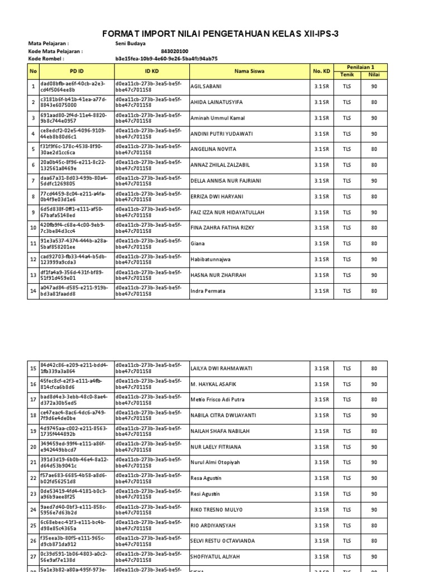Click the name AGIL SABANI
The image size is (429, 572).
pos(206,87)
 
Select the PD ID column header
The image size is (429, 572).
pos(77,71)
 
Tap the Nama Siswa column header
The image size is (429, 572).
pos(250,71)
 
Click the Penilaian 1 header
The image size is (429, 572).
pos(360,67)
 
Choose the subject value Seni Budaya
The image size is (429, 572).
pos(130,43)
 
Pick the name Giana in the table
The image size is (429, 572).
pos(198,244)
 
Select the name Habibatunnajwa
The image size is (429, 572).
pos(211,259)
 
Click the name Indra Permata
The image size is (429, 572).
pos(209,291)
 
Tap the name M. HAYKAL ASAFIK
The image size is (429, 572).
pos(213,384)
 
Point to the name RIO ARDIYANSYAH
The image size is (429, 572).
pos(213,526)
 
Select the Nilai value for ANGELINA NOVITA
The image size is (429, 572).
pos(374,149)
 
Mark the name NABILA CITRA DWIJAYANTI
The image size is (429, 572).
pos(223,416)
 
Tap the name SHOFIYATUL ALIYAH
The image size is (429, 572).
pos(216,557)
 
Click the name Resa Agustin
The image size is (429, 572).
pos(206,478)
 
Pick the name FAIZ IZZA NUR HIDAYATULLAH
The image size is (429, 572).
pos(227,212)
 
